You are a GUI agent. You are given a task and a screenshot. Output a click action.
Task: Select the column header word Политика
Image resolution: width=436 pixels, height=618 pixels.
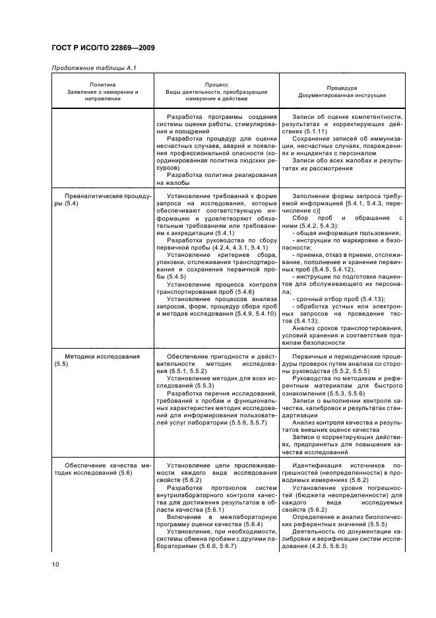coord(102,84)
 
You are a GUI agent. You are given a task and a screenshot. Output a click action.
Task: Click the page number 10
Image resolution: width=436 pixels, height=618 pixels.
coord(56,563)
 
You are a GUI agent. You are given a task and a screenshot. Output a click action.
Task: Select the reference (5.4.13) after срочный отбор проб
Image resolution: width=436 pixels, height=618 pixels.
coord(371,298)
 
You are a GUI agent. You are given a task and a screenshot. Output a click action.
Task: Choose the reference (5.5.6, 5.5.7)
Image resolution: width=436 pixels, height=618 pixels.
coord(243,422)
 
